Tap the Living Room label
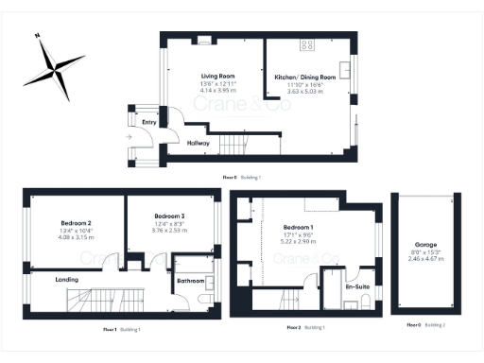(217, 77)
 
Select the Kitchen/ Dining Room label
(305, 77)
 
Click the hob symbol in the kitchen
(307, 44)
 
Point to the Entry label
(149, 122)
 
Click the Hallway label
(198, 143)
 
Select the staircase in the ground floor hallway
(233, 144)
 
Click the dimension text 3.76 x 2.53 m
(168, 228)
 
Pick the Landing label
(67, 279)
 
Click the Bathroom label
(191, 280)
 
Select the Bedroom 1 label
(298, 228)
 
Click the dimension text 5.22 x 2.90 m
(298, 240)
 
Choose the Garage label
(425, 245)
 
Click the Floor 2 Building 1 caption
(306, 326)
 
